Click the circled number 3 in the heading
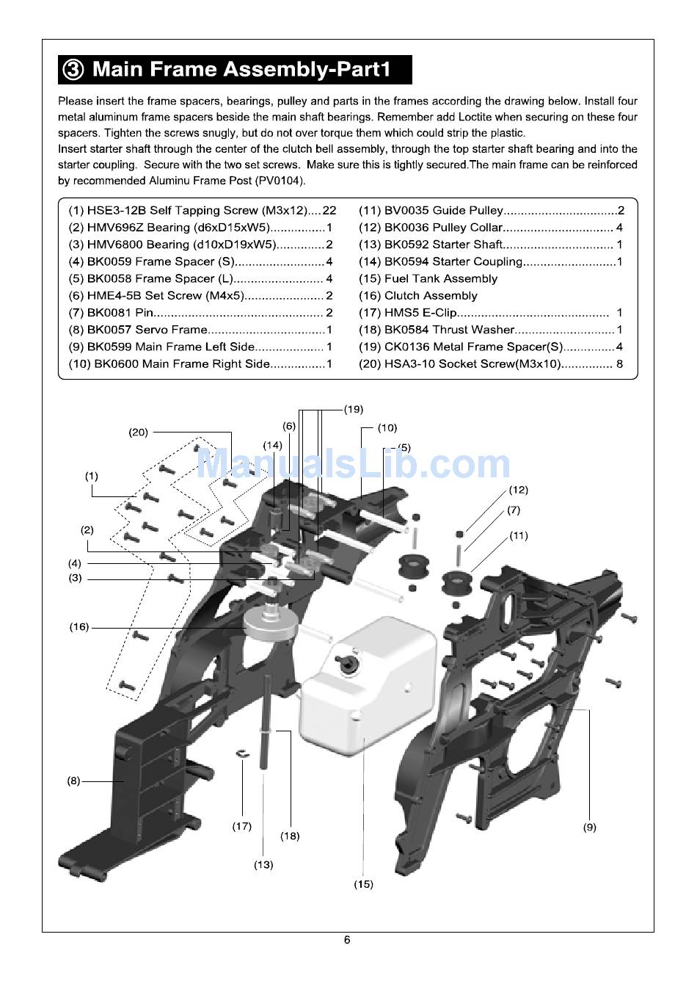(x=73, y=70)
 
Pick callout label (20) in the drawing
(x=138, y=433)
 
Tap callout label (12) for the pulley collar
(x=519, y=490)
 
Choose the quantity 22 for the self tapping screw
(x=329, y=211)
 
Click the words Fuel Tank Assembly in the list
(x=441, y=279)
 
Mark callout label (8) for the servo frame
(x=73, y=781)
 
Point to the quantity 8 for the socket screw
(x=619, y=364)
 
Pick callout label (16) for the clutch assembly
(x=79, y=627)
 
